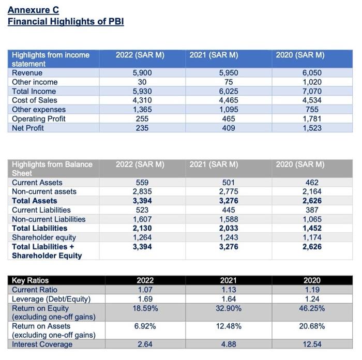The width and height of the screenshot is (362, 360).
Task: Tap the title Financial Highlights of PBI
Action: [66, 21]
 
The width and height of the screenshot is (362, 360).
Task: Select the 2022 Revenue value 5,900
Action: [142, 73]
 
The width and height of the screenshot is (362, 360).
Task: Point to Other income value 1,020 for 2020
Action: [311, 82]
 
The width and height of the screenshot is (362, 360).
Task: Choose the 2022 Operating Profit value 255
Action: [142, 119]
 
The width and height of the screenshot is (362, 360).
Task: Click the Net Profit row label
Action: [28, 128]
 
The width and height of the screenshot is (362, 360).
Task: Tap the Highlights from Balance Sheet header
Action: [52, 169]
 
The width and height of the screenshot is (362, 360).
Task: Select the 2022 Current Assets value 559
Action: [142, 183]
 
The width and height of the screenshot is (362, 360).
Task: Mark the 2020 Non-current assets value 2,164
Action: [311, 192]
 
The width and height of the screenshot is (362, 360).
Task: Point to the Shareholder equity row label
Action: [44, 237]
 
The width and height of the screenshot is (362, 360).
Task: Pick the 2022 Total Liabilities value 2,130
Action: [142, 228]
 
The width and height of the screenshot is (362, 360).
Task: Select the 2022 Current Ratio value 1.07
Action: [142, 290]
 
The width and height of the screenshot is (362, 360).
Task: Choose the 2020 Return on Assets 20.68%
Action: [311, 326]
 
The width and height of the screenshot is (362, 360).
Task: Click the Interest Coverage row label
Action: [42, 344]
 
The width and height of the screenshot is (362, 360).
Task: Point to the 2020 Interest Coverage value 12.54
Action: [311, 344]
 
